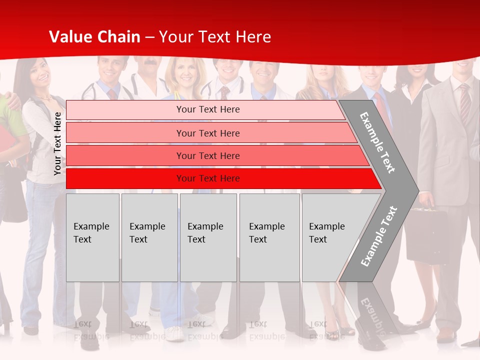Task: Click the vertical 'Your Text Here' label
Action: point(57,143)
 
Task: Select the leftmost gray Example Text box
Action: point(92,237)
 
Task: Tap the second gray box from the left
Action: point(149,237)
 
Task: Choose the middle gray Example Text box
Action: point(208,237)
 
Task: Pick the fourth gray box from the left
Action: point(269,237)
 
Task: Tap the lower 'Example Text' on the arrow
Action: point(378,236)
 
